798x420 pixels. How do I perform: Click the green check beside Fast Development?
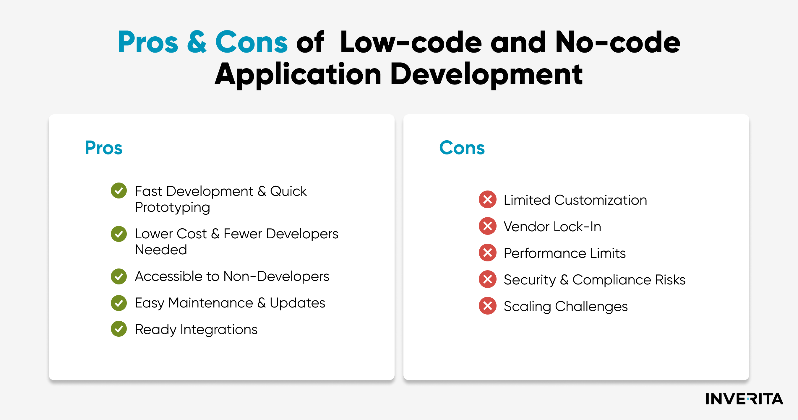(x=119, y=191)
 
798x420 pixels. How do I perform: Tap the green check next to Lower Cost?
(x=119, y=234)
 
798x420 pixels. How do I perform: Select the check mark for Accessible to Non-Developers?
(x=119, y=276)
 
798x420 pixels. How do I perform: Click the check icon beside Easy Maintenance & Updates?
(x=119, y=303)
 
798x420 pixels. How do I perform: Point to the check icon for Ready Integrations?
(x=119, y=329)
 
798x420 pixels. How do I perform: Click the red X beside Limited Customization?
(x=488, y=199)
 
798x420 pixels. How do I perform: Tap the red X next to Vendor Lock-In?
(x=488, y=226)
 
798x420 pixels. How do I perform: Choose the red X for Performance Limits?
(x=488, y=253)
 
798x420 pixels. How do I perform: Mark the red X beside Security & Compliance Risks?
(x=488, y=279)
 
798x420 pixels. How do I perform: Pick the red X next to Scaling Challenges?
(x=488, y=306)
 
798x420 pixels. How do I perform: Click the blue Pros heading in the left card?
(x=103, y=148)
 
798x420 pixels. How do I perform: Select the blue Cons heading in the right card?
(x=462, y=148)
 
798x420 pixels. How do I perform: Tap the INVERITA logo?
(x=744, y=399)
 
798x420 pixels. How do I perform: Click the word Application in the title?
(x=298, y=74)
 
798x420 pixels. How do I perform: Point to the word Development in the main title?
(x=486, y=74)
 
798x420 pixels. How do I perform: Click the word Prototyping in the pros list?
(x=173, y=207)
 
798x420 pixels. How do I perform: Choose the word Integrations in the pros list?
(x=219, y=330)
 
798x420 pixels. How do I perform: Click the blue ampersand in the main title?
(x=197, y=42)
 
